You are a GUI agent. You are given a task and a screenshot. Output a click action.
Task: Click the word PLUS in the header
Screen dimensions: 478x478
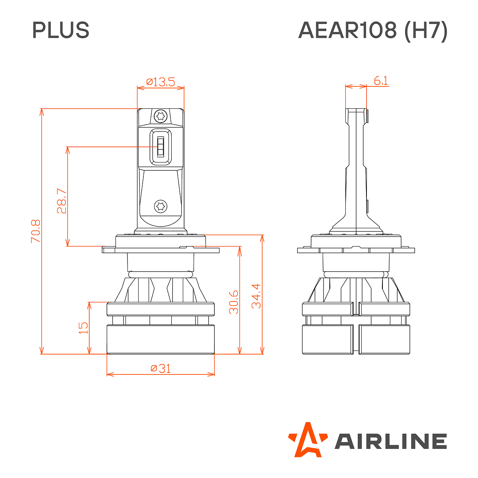(x=61, y=30)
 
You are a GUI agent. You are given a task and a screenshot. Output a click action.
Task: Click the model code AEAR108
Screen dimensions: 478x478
(x=347, y=30)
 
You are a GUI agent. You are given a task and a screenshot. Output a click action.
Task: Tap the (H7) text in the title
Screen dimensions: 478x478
(x=426, y=31)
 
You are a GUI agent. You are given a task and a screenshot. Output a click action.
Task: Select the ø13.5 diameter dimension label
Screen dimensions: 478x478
(x=161, y=82)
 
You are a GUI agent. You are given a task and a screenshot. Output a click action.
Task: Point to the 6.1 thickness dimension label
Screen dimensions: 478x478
(x=380, y=80)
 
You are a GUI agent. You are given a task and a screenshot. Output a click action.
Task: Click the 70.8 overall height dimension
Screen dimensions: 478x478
(x=35, y=231)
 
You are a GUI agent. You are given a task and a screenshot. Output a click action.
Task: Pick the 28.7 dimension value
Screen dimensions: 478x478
(x=61, y=201)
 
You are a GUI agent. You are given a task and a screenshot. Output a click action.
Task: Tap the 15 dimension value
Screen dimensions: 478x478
(x=83, y=328)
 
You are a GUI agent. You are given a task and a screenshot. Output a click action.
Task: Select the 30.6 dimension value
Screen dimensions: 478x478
(x=234, y=302)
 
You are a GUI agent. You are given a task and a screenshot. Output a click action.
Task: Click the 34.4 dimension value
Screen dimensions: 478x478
(x=256, y=296)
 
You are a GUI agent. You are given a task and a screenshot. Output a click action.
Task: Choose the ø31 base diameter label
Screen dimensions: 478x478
(x=161, y=368)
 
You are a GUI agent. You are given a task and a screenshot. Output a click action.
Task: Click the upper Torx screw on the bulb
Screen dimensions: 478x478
(x=161, y=116)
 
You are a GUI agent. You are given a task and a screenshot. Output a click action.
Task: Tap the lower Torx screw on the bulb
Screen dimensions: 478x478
(x=161, y=206)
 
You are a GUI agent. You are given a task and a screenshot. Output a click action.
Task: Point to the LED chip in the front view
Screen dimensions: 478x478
(x=161, y=147)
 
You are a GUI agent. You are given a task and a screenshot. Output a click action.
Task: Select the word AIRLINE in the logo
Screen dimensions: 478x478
(x=391, y=441)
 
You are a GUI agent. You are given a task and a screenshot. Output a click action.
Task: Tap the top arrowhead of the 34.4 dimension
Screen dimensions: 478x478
(x=262, y=239)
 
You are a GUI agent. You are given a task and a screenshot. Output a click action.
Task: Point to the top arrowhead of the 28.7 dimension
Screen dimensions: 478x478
(x=67, y=151)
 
